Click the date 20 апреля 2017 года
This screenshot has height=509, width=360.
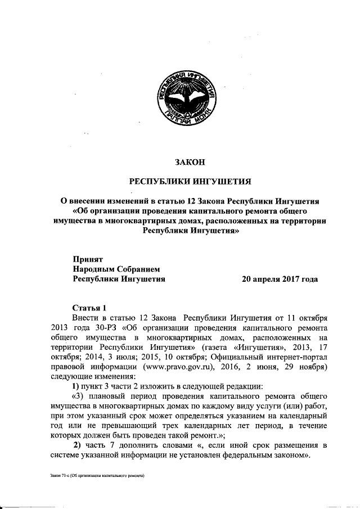click(x=280, y=278)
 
